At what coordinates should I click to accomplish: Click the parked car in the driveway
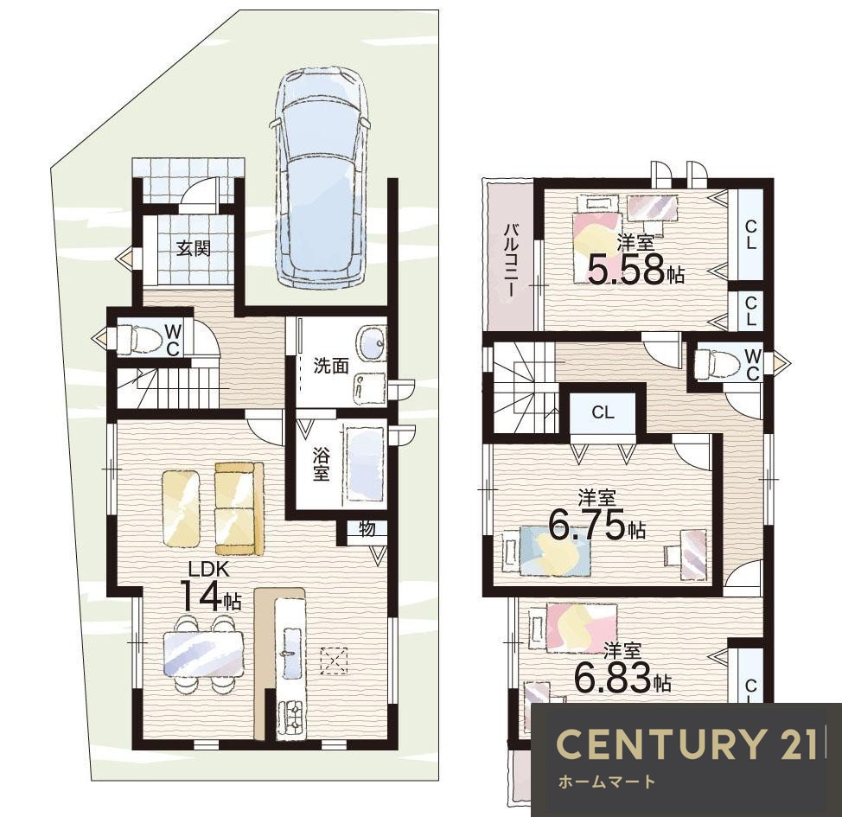point(321,176)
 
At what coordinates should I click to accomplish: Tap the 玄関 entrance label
point(194,249)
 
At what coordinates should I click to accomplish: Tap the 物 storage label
point(367,529)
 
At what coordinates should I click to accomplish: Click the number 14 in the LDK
point(201,596)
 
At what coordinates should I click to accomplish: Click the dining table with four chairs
point(202,654)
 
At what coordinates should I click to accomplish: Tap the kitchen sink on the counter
point(290,654)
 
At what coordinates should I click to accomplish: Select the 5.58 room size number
point(626,269)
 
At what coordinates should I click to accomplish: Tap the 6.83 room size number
point(613,677)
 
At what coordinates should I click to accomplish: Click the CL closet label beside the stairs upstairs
point(603,412)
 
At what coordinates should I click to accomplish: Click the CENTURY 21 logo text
point(686,744)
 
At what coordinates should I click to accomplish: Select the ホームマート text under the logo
point(608,782)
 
